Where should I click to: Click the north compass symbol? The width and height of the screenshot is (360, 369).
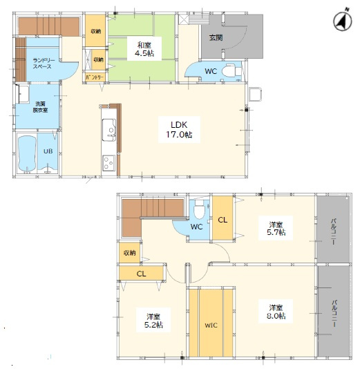(x=343, y=21)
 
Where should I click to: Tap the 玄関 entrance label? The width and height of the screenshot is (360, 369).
(x=216, y=37)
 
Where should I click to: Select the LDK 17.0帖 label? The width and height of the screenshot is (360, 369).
(x=179, y=129)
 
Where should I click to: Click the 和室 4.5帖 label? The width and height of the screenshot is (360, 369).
(x=144, y=49)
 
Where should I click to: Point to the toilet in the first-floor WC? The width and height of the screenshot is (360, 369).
(x=231, y=70)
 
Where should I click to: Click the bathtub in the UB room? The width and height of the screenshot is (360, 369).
(x=27, y=154)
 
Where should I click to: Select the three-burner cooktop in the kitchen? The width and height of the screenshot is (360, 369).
(x=108, y=163)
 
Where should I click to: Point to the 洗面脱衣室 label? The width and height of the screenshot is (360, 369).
(x=40, y=107)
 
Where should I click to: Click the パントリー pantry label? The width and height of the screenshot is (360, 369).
(x=95, y=77)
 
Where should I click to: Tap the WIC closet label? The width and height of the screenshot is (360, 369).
(x=211, y=325)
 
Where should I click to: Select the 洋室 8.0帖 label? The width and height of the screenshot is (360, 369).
(x=276, y=312)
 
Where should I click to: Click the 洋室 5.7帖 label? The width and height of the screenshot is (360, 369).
(x=276, y=228)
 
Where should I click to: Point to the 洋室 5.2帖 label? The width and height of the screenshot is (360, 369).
(x=153, y=321)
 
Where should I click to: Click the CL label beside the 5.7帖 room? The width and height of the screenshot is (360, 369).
(x=222, y=220)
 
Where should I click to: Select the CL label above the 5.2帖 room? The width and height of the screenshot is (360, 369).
(x=141, y=274)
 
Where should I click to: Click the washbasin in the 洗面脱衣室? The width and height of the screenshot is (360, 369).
(x=23, y=94)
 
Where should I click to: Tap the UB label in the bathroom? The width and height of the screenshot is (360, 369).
(x=48, y=151)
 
